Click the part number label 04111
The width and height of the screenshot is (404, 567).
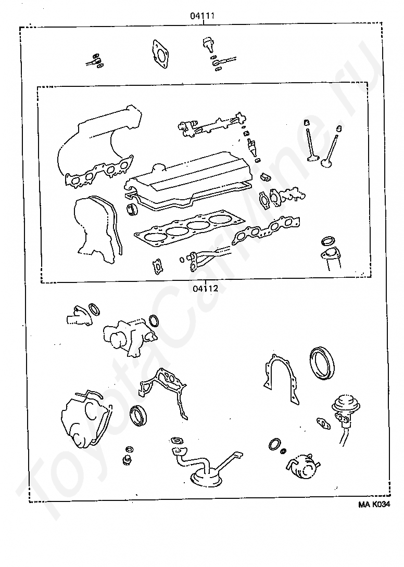tap(203, 16)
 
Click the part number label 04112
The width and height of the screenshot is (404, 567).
tap(205, 289)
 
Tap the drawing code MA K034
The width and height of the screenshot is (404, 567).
tap(374, 505)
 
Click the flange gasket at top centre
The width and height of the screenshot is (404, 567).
tap(160, 54)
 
